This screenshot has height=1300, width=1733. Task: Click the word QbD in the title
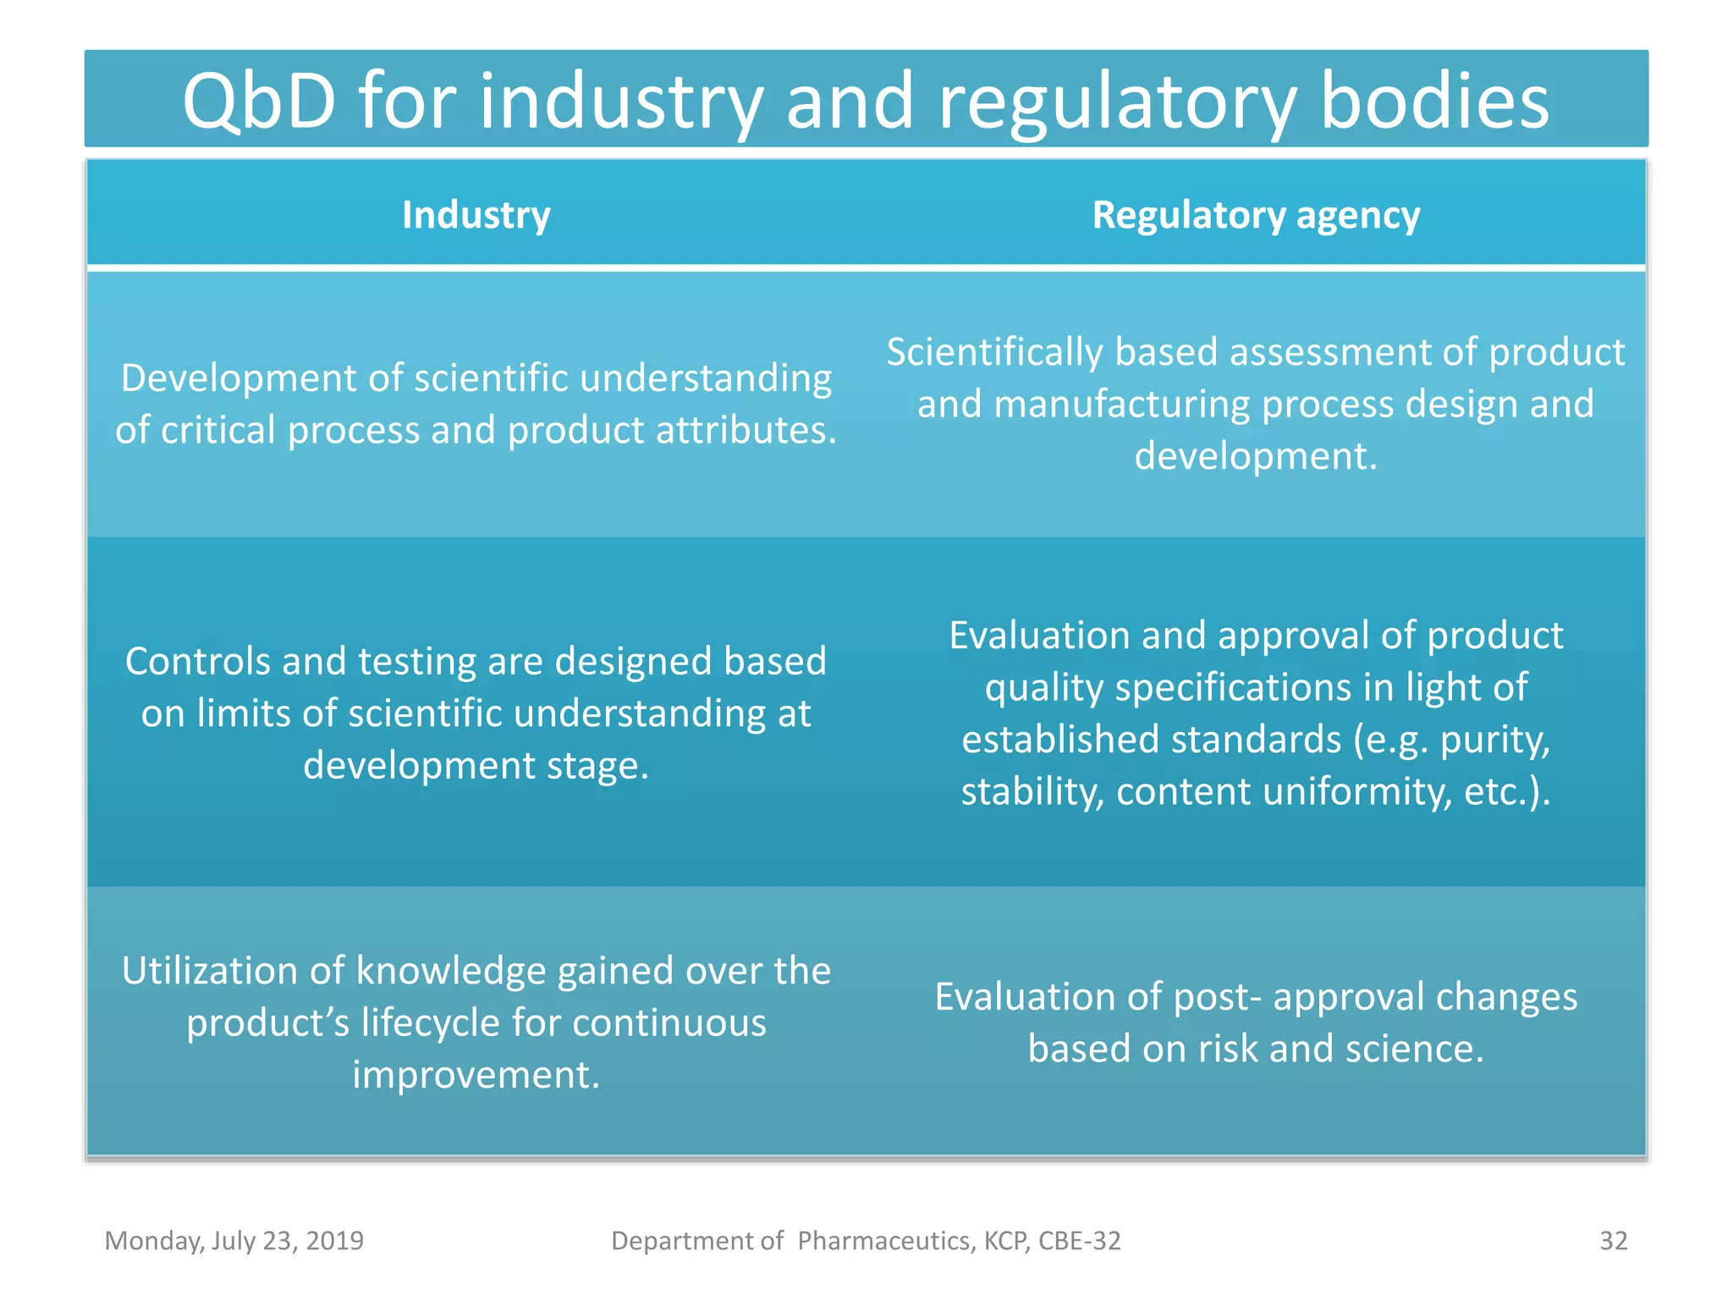click(x=259, y=102)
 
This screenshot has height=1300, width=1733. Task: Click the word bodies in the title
click(x=1434, y=102)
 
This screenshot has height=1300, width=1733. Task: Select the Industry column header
click(x=476, y=215)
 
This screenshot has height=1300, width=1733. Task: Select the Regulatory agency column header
click(x=1256, y=215)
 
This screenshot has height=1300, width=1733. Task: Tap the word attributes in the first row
click(x=745, y=431)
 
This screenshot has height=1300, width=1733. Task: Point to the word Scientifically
click(x=993, y=353)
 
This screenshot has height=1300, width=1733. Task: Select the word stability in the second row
click(x=1032, y=792)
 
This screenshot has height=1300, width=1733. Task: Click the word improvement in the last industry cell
click(x=476, y=1075)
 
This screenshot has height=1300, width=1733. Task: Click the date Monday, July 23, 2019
click(x=234, y=1241)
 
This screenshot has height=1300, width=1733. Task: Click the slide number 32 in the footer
click(x=1613, y=1241)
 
